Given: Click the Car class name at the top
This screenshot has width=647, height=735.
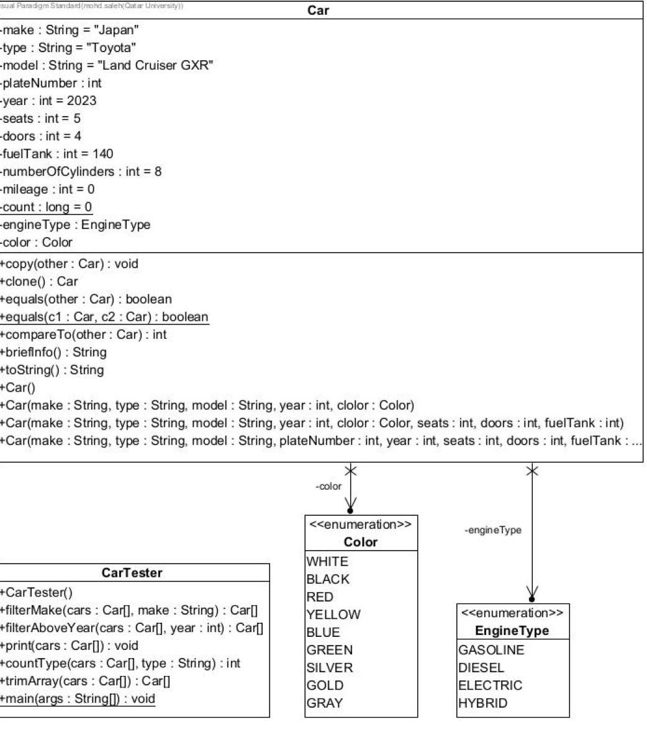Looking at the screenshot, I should pos(318,10).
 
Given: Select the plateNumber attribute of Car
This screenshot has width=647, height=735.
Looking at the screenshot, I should pos(52,83).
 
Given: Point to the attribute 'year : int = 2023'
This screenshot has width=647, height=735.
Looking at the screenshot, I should pos(49,101).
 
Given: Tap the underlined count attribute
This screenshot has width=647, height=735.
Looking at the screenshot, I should pos(47,207).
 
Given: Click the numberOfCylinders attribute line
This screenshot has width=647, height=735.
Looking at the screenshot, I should pos(81,171).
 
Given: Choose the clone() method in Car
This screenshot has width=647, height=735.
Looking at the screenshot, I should pos(38,281).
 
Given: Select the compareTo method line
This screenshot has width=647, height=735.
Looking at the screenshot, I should pos(83,335).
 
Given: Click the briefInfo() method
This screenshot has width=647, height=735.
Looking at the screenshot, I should pos(53,352).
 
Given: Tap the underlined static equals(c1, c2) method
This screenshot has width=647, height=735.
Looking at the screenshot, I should pos(104,317).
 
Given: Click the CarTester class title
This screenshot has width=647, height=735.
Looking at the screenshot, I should pos(132,572).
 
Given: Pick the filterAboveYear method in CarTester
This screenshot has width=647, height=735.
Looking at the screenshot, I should pos(131,628).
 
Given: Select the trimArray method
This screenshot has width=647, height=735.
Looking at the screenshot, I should pos(85,681).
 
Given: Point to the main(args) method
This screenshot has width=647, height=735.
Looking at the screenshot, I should pos(78,698).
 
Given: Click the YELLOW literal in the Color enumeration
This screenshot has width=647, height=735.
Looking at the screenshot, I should pos(333,615).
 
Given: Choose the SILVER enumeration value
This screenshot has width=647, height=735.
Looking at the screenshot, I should pos(330,668).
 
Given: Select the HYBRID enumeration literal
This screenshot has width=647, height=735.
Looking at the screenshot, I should pos(482,703).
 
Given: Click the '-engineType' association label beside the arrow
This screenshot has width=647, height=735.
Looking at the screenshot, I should pos(493,530).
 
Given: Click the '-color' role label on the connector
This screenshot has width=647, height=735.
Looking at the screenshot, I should pos(328,487).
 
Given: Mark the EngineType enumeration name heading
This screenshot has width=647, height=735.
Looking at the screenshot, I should pos(512,631).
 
